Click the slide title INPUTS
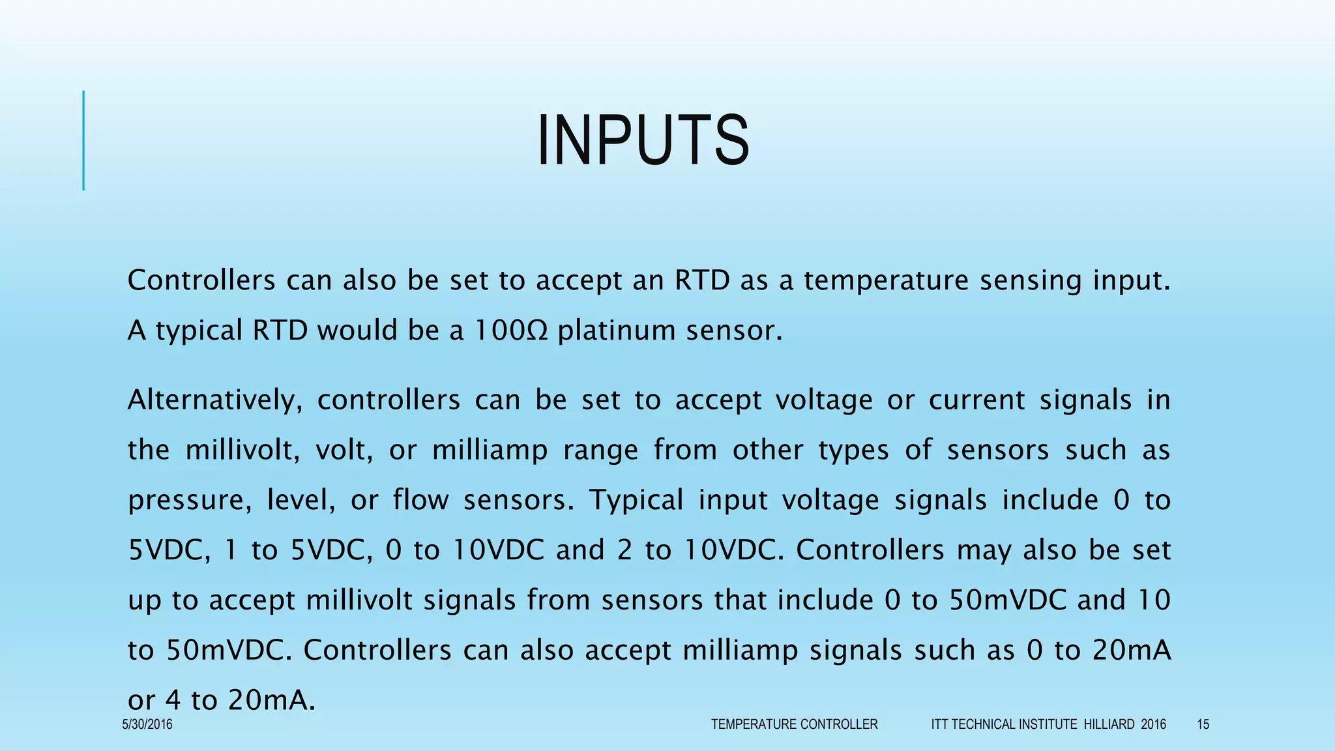643,141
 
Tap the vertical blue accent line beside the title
83,141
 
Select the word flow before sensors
420,500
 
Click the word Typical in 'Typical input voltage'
636,500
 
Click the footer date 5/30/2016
147,724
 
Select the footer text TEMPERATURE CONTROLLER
794,724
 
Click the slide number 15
1203,724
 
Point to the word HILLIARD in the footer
1109,724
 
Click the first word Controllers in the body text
201,280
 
